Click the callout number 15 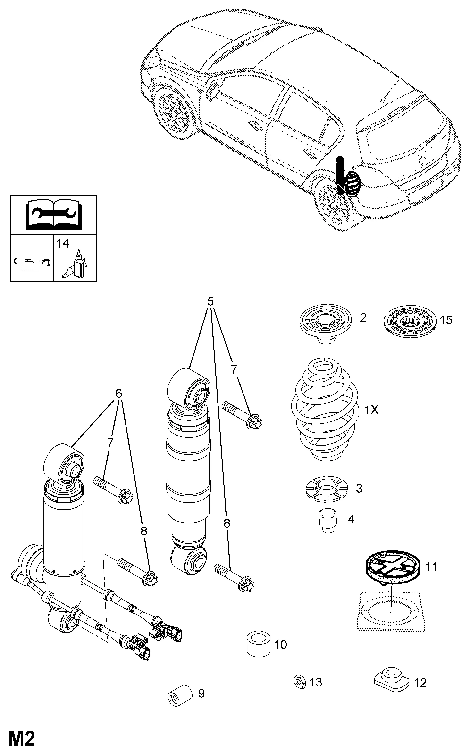click(446, 320)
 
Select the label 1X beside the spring click(371, 410)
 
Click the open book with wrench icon click(54, 214)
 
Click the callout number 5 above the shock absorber click(210, 301)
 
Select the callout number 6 click(118, 393)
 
